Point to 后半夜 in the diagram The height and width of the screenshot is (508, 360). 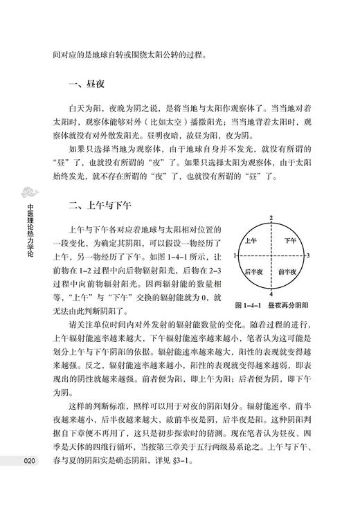pyautogui.click(x=252, y=271)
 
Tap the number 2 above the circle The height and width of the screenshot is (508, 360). pyautogui.click(x=272, y=218)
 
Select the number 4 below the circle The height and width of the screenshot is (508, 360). pyautogui.click(x=272, y=293)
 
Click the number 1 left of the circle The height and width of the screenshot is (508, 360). pyautogui.click(x=235, y=256)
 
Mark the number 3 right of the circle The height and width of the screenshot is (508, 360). pyautogui.click(x=308, y=256)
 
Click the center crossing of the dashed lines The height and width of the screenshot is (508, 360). pyautogui.click(x=272, y=256)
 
